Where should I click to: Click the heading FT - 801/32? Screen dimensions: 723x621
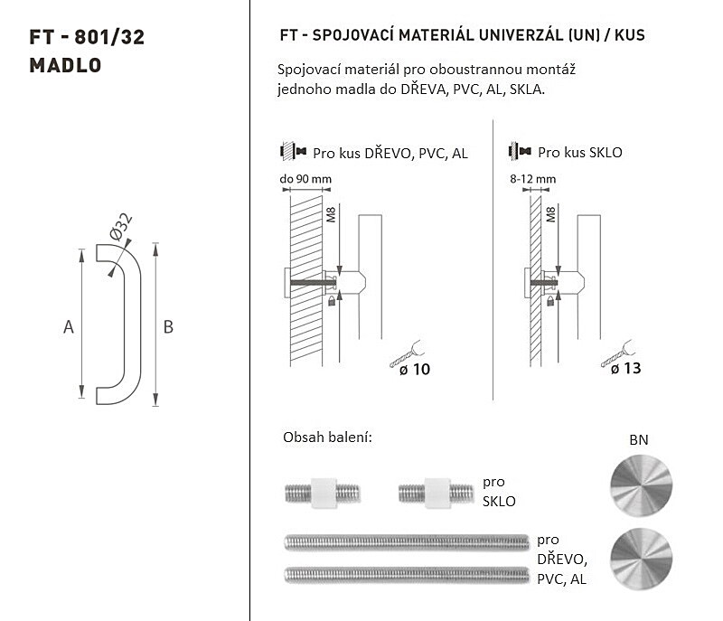[87, 37]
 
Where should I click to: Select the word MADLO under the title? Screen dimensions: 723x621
[65, 65]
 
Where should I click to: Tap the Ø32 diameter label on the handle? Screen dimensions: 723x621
[121, 226]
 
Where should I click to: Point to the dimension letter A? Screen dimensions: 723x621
[69, 327]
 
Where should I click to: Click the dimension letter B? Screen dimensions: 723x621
[168, 327]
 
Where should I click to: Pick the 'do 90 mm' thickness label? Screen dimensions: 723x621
[305, 179]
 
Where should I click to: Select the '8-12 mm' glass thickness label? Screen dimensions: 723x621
[532, 179]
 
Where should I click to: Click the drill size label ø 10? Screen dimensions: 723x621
[415, 370]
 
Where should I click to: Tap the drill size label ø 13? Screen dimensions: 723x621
[625, 369]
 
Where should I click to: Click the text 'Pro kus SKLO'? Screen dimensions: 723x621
[580, 153]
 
